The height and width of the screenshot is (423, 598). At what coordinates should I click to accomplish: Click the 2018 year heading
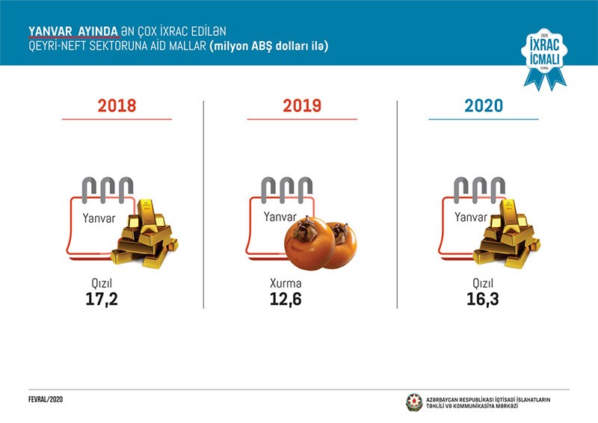(117, 105)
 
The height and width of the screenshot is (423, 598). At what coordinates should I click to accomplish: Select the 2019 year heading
(302, 105)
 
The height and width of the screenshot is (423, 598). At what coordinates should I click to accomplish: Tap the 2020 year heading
(484, 105)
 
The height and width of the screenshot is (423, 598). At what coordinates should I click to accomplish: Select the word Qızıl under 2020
(476, 284)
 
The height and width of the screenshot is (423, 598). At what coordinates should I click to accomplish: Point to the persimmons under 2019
(319, 243)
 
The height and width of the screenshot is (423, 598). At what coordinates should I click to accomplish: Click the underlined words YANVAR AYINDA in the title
(73, 31)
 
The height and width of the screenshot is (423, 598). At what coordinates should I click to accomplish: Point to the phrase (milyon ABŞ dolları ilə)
(269, 46)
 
